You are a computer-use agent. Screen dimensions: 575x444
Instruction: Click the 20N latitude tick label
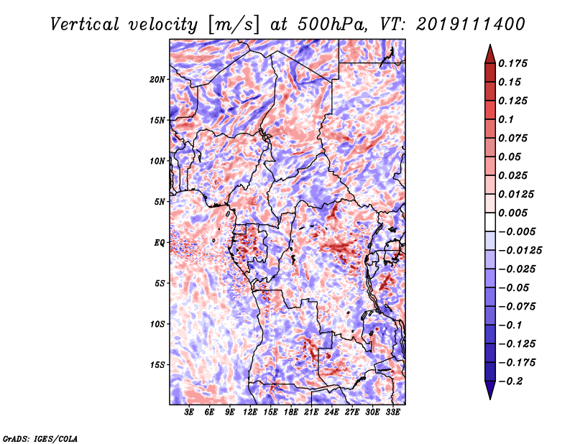tap(157, 80)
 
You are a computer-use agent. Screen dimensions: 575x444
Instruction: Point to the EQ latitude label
tap(160, 243)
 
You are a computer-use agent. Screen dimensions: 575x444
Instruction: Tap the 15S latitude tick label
tap(157, 365)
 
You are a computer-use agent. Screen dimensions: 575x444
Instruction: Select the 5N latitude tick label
tap(160, 202)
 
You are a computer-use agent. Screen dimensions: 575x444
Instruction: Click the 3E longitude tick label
tap(189, 412)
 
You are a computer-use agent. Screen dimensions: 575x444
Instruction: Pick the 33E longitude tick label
tap(392, 412)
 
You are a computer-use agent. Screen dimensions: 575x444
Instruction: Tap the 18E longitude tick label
tap(291, 412)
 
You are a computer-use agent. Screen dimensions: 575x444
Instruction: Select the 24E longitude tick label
tap(331, 412)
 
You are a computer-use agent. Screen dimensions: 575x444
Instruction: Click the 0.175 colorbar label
tap(513, 63)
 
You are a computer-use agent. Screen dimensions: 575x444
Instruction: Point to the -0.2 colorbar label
tap(511, 381)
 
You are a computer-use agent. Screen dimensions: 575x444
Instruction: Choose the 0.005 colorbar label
tap(513, 213)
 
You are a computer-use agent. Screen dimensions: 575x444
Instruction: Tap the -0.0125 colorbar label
tap(520, 251)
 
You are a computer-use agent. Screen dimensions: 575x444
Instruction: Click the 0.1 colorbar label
tap(506, 119)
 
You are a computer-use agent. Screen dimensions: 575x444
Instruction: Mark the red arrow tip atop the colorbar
tap(490, 45)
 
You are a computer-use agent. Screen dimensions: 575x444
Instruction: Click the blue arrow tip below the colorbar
tap(490, 399)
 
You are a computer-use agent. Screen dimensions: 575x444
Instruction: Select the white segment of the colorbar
tap(490, 222)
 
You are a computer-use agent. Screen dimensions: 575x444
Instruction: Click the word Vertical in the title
tap(85, 24)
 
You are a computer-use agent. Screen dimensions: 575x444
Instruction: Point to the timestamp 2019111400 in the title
tap(470, 24)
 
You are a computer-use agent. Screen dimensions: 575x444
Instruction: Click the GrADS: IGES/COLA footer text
tap(40, 439)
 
